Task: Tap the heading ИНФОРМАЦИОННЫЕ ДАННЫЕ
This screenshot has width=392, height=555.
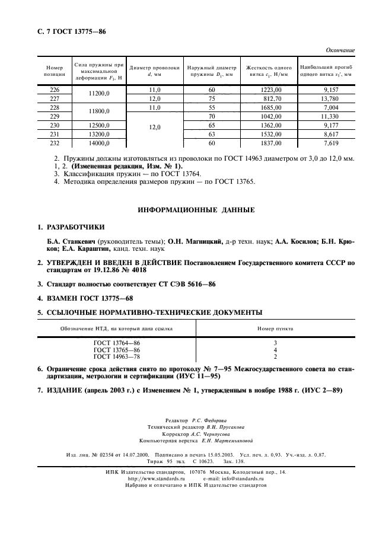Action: (x=196, y=210)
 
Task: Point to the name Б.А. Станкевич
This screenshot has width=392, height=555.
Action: (x=72, y=242)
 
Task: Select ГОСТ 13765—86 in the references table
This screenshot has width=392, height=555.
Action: (x=117, y=350)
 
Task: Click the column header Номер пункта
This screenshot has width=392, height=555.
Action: (x=275, y=328)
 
